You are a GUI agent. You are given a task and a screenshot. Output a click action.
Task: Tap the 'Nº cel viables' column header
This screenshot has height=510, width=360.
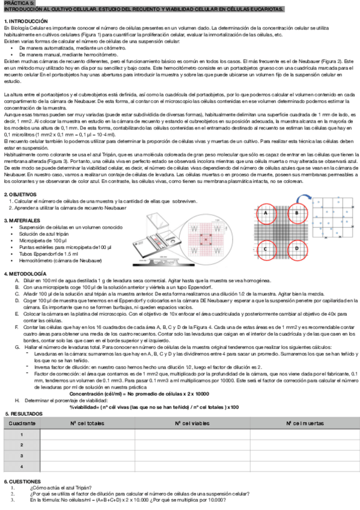click(x=194, y=424)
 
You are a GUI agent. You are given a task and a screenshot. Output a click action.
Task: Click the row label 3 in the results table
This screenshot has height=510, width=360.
click(x=22, y=456)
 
